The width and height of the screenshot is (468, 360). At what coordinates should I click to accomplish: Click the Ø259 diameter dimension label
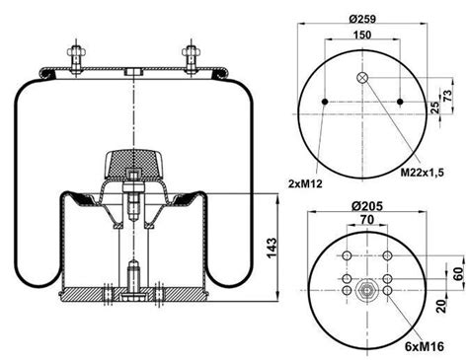tap(362, 19)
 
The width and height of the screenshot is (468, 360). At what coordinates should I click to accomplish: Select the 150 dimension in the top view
tap(362, 35)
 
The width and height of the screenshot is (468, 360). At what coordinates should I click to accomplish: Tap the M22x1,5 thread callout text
tap(423, 172)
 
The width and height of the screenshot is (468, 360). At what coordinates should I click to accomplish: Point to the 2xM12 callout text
tap(305, 183)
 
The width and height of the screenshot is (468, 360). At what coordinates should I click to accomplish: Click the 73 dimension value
tap(447, 96)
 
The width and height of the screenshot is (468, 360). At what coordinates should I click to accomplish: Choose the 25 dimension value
tap(435, 108)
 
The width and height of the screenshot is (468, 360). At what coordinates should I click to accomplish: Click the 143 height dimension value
tap(272, 248)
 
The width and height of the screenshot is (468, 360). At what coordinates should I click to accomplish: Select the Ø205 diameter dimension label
tap(367, 206)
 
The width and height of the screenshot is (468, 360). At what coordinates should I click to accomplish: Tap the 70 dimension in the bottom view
tap(367, 219)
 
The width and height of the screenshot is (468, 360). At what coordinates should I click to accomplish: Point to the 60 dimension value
tap(458, 273)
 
